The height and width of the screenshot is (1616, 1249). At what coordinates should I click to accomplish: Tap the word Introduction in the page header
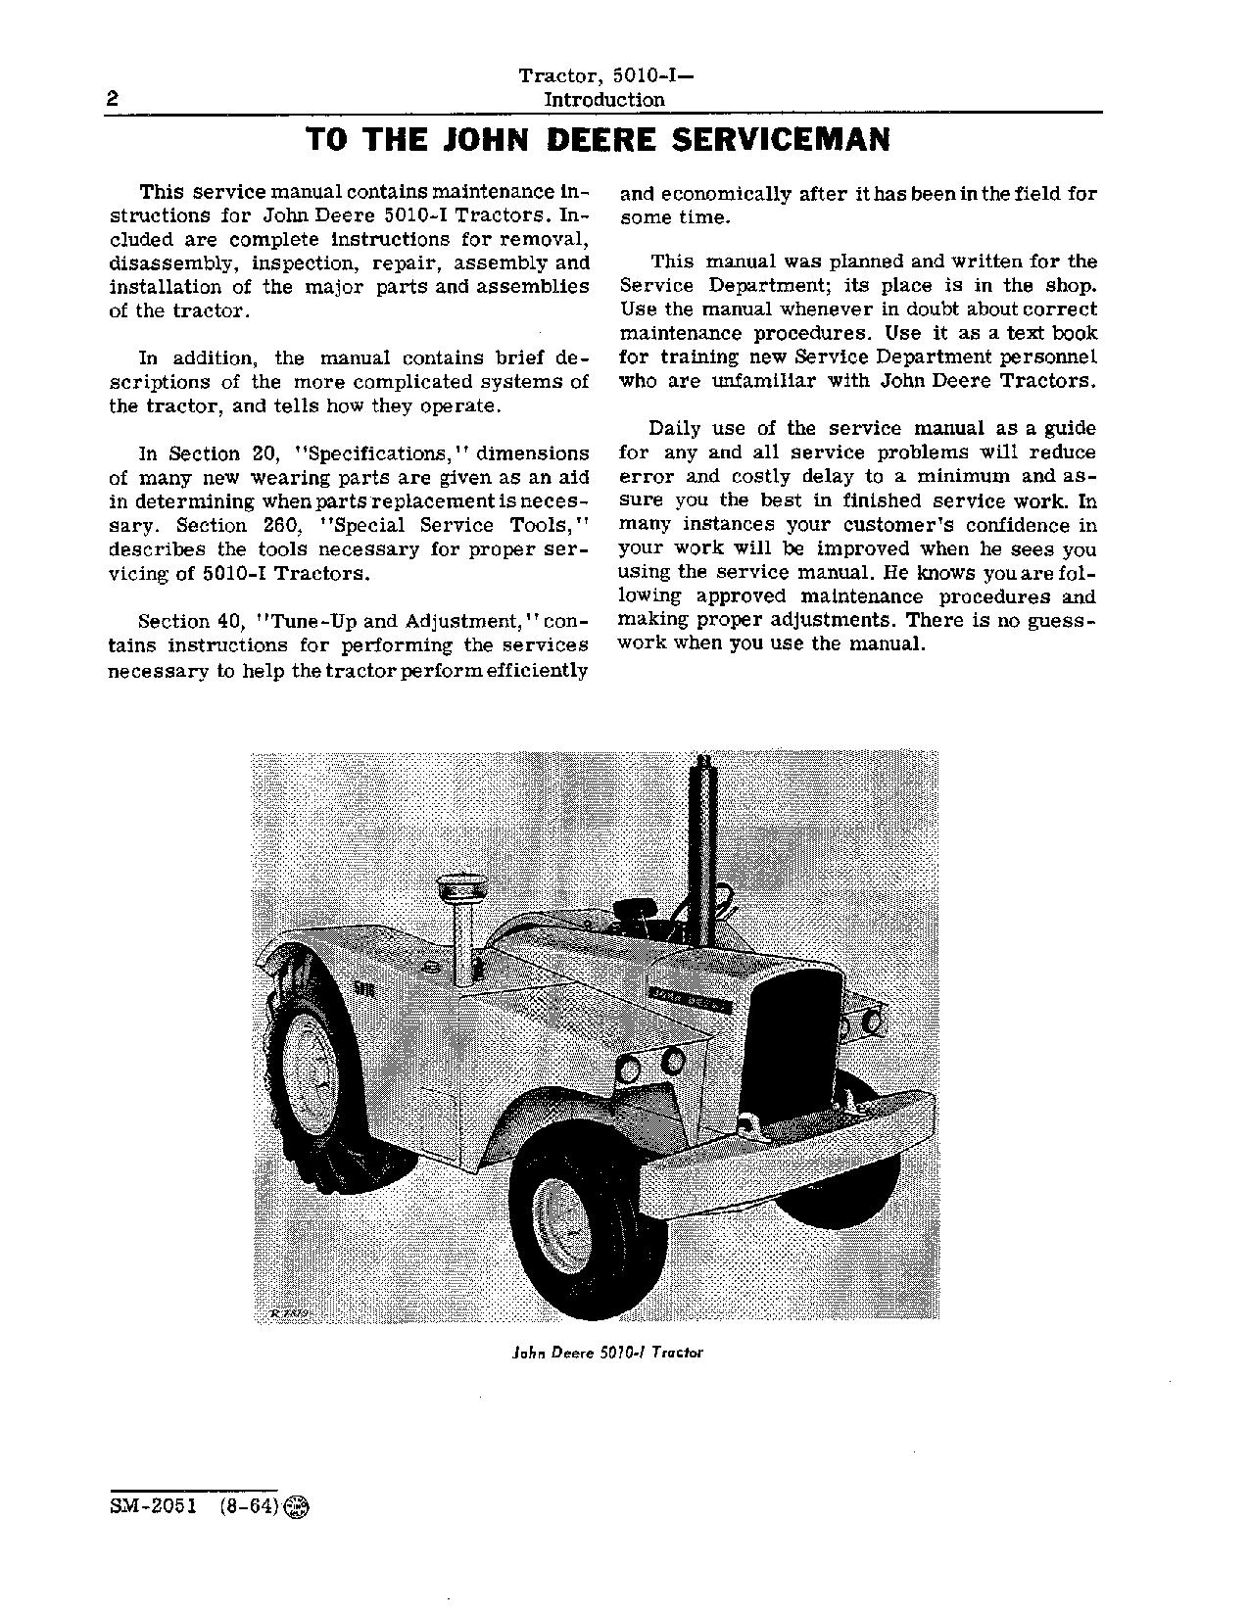(x=603, y=99)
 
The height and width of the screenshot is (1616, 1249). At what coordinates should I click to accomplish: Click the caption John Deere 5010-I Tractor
(x=607, y=1353)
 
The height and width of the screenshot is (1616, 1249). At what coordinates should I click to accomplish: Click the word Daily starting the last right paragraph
(x=677, y=429)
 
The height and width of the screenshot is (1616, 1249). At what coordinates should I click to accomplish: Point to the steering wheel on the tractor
(x=647, y=906)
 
